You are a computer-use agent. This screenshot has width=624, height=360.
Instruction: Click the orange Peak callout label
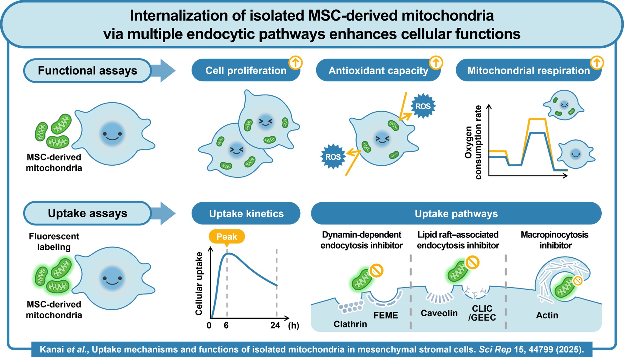227,237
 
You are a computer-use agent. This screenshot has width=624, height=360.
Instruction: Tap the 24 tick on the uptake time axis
275,325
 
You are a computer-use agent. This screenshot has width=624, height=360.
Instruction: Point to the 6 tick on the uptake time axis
226,325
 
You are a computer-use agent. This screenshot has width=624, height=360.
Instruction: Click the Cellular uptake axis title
199,284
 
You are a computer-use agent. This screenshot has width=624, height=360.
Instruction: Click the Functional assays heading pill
87,71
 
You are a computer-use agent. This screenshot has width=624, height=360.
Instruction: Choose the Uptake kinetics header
246,214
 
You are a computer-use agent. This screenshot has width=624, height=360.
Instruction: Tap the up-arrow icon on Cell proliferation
295,63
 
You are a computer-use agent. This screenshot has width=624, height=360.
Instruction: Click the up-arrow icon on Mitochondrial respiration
597,63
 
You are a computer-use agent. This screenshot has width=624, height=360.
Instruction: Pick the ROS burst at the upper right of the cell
423,106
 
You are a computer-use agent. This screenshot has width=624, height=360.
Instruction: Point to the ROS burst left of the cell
333,157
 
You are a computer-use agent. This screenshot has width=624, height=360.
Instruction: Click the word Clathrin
350,324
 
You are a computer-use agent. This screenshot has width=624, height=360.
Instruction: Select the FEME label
386,315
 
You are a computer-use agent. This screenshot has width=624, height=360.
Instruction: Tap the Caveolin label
439,313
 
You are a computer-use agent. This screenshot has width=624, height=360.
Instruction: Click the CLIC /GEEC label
482,313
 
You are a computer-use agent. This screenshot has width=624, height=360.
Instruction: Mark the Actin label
547,315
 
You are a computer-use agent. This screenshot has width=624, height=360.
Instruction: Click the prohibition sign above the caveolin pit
472,262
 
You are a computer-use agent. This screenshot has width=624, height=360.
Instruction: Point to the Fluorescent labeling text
54,242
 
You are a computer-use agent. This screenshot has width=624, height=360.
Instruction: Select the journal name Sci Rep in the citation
495,350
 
